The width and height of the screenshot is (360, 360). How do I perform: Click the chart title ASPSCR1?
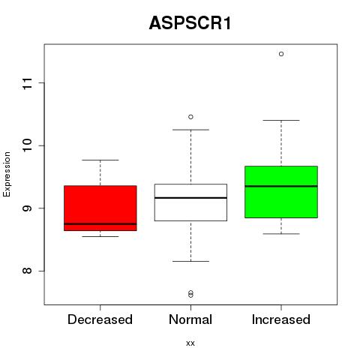tap(190, 23)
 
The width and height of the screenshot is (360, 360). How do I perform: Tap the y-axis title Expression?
tap(7, 175)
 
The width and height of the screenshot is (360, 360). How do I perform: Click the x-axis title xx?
tap(190, 343)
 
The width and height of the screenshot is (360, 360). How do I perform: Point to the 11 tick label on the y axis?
tap(27, 83)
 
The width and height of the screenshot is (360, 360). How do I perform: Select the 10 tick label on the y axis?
tap(27, 145)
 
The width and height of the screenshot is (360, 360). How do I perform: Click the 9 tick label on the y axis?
tap(27, 208)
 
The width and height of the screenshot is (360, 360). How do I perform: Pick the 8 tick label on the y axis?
tap(27, 271)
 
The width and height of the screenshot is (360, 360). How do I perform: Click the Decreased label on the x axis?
tap(100, 319)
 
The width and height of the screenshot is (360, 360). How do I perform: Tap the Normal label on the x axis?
tap(190, 319)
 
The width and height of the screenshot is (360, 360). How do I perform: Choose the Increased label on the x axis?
tap(281, 319)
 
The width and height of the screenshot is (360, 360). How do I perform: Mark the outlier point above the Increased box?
tap(281, 54)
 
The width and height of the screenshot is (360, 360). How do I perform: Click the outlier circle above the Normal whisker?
tap(190, 117)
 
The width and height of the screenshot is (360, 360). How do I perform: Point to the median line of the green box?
tap(281, 186)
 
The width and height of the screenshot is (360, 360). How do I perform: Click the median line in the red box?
tap(100, 224)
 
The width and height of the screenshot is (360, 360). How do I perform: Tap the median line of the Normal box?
tap(190, 198)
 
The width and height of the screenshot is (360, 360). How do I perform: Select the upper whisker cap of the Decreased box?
tap(100, 160)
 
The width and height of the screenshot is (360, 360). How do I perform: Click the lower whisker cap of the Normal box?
tap(190, 261)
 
